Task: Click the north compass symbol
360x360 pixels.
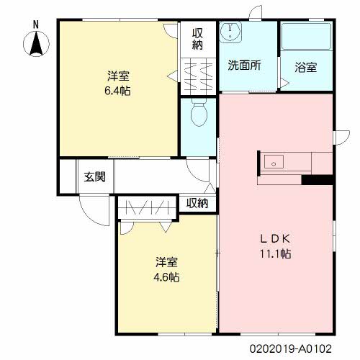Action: (36, 44)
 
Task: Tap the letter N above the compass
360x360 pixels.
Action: (36, 25)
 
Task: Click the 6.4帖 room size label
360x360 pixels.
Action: (117, 91)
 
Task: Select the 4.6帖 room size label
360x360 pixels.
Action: (166, 277)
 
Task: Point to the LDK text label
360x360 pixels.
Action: (276, 239)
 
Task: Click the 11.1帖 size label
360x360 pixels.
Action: (276, 253)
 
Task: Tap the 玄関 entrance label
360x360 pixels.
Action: (95, 177)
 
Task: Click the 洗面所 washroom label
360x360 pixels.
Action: (245, 65)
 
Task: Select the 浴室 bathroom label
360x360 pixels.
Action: (306, 68)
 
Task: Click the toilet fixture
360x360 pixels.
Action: (199, 114)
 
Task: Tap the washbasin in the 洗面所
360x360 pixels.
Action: (230, 32)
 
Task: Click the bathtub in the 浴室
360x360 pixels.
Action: (306, 36)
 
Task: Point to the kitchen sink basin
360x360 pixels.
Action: (274, 162)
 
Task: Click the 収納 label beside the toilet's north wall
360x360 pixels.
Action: (197, 39)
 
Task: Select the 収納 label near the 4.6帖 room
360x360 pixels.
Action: (197, 204)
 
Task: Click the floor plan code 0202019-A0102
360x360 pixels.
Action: (291, 348)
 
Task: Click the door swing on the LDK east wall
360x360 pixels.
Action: (343, 138)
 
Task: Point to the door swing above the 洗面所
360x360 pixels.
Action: (255, 12)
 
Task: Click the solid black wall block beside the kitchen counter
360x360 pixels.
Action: (317, 180)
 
